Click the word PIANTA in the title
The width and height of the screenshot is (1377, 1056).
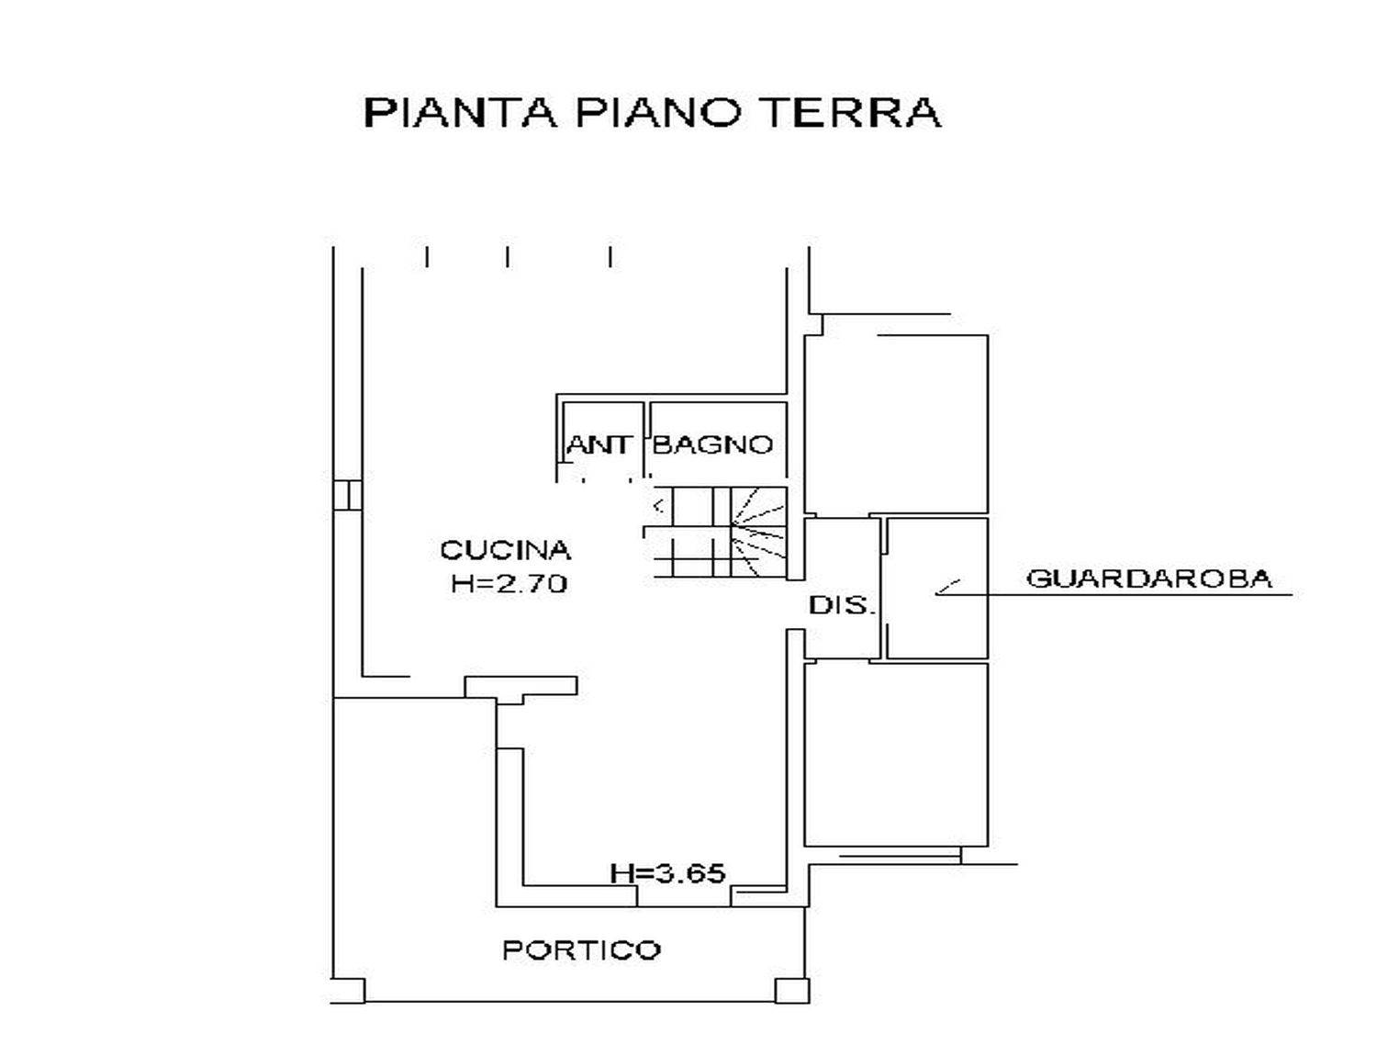point(459,114)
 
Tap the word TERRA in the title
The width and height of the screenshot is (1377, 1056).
point(848,114)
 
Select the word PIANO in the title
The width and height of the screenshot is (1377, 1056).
point(655,114)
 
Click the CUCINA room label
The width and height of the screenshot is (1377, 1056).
point(505,550)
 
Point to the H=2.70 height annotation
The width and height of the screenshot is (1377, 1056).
point(509,584)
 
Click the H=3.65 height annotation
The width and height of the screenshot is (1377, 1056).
point(667,874)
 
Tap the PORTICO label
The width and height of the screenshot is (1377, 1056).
point(582,968)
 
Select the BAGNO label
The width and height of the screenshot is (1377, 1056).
point(713,445)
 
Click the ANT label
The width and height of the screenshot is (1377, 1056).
point(599,445)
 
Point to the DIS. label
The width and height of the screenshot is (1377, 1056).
point(842,605)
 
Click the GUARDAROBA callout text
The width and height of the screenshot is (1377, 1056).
point(1148,579)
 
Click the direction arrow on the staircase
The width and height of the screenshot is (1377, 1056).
point(660,506)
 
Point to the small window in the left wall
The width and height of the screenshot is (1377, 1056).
point(348,495)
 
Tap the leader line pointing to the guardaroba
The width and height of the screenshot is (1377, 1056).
point(1114,594)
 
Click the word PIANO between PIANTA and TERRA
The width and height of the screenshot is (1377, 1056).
point(655,114)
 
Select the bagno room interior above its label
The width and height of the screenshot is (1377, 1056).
point(719,418)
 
